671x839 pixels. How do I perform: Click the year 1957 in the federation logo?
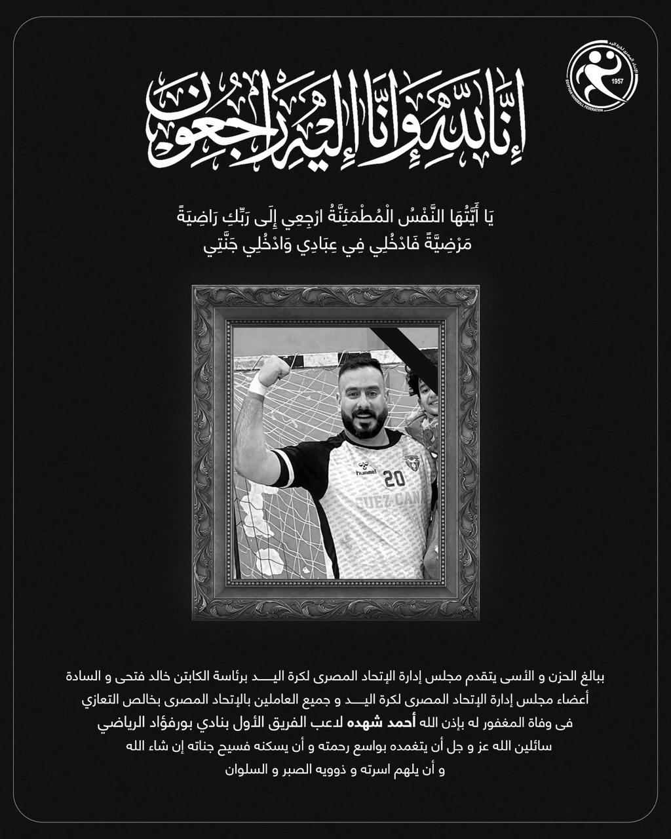(616, 81)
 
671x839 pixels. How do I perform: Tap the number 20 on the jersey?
(394, 479)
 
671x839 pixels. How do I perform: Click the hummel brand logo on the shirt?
(366, 471)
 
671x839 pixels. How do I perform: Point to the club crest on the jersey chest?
(412, 462)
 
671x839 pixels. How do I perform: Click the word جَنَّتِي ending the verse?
(220, 247)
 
